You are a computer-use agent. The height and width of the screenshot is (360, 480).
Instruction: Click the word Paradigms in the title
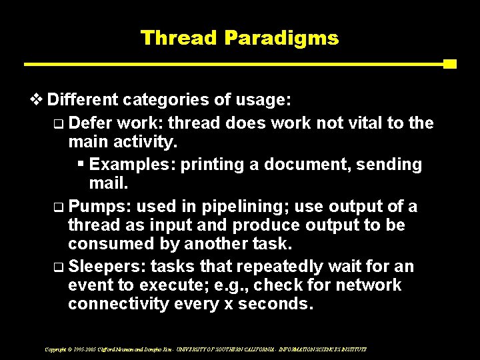[281, 38]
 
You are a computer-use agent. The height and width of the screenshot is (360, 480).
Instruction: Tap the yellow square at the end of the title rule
[449, 64]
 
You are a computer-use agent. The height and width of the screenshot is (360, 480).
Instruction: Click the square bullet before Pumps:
[58, 207]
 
